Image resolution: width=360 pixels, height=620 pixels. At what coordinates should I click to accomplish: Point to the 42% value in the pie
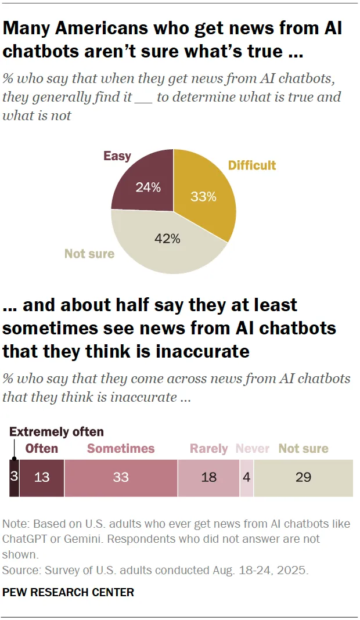[x=167, y=239]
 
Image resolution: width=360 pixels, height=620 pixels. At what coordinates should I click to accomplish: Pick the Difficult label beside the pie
[x=252, y=165]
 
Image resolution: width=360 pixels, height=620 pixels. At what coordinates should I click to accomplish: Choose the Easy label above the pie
[x=117, y=156]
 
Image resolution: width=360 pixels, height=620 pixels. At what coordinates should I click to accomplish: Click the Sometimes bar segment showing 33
[x=121, y=478]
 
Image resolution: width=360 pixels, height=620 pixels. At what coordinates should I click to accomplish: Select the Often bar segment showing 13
[x=42, y=478]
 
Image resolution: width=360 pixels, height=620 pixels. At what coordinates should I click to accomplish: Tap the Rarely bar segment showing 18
[x=208, y=478]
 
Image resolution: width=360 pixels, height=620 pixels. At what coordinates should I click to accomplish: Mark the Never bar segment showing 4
[x=247, y=478]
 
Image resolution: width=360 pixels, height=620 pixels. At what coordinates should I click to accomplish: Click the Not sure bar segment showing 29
[x=303, y=478]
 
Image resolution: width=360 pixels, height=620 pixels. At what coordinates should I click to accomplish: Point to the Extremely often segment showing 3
[x=14, y=478]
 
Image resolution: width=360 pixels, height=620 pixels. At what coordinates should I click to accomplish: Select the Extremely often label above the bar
[x=56, y=432]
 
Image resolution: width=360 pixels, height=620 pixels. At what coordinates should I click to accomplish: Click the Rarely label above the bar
[x=209, y=449]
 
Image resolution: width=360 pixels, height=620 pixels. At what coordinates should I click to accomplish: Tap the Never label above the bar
[x=253, y=449]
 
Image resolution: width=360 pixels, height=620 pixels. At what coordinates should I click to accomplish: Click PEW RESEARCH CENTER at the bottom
[x=69, y=592]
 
